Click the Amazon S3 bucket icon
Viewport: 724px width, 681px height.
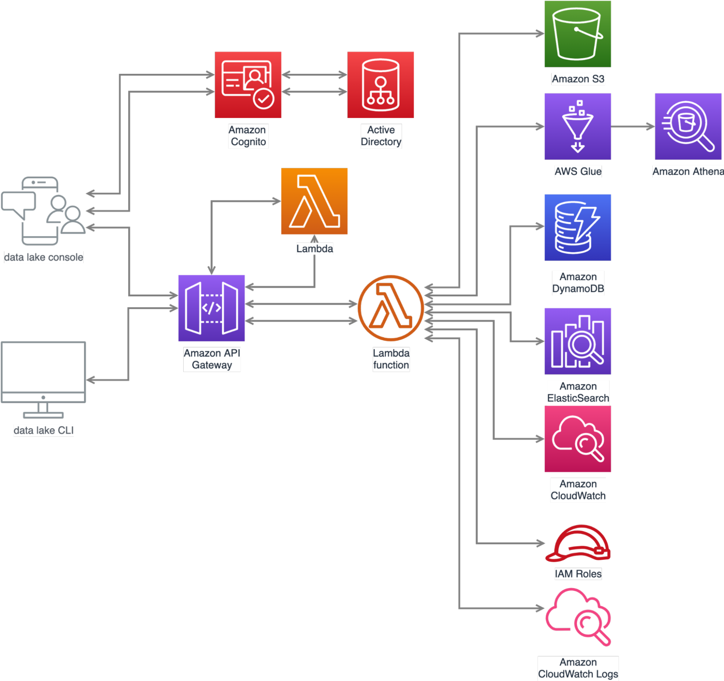[577, 34]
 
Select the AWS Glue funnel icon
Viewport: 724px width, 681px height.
[577, 127]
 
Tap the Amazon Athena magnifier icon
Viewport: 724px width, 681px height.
[688, 127]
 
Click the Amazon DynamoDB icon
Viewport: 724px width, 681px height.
[577, 228]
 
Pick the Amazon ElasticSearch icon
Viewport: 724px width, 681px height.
[577, 341]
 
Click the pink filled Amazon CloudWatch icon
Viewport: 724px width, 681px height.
[577, 439]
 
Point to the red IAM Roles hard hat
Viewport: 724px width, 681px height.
[577, 543]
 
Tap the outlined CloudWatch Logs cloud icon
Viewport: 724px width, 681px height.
[577, 617]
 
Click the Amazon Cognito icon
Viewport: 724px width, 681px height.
[248, 85]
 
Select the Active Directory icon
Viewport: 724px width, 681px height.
[380, 85]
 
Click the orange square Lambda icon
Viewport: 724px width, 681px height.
[314, 201]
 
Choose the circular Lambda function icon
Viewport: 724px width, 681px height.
[391, 308]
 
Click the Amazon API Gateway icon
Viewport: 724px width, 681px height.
[211, 308]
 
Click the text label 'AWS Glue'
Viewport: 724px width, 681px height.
[577, 171]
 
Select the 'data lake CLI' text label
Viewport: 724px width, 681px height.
[44, 430]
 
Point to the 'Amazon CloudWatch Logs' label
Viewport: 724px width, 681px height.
[578, 668]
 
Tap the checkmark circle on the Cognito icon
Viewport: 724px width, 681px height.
[264, 99]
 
